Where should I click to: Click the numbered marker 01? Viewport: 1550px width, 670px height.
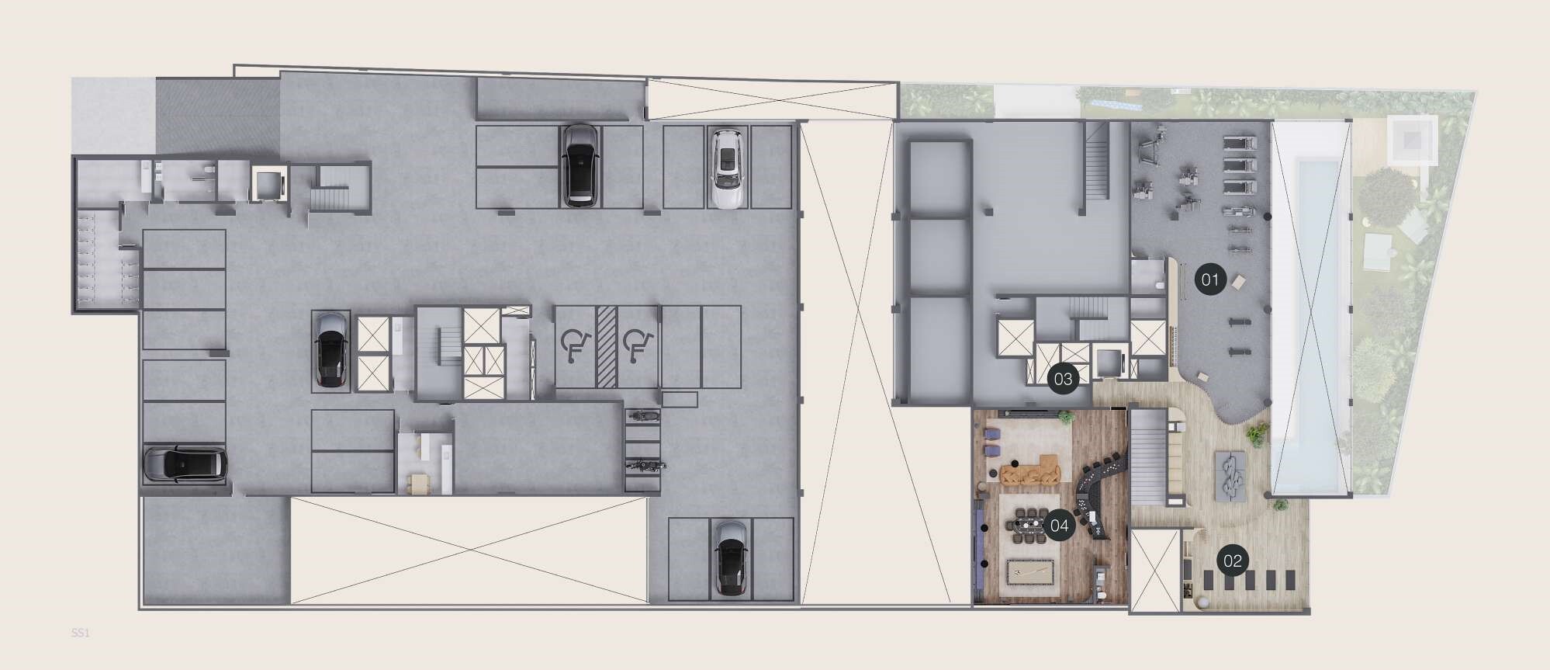[1210, 279]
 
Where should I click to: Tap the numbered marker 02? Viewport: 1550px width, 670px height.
[1233, 561]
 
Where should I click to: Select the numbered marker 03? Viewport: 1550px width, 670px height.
[1063, 379]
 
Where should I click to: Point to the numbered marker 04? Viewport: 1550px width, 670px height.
[1059, 526]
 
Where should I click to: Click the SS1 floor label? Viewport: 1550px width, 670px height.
[81, 634]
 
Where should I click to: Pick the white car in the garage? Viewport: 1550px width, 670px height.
[727, 168]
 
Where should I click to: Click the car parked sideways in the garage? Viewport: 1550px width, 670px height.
[185, 465]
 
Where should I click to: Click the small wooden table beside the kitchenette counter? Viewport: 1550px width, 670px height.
[420, 484]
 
